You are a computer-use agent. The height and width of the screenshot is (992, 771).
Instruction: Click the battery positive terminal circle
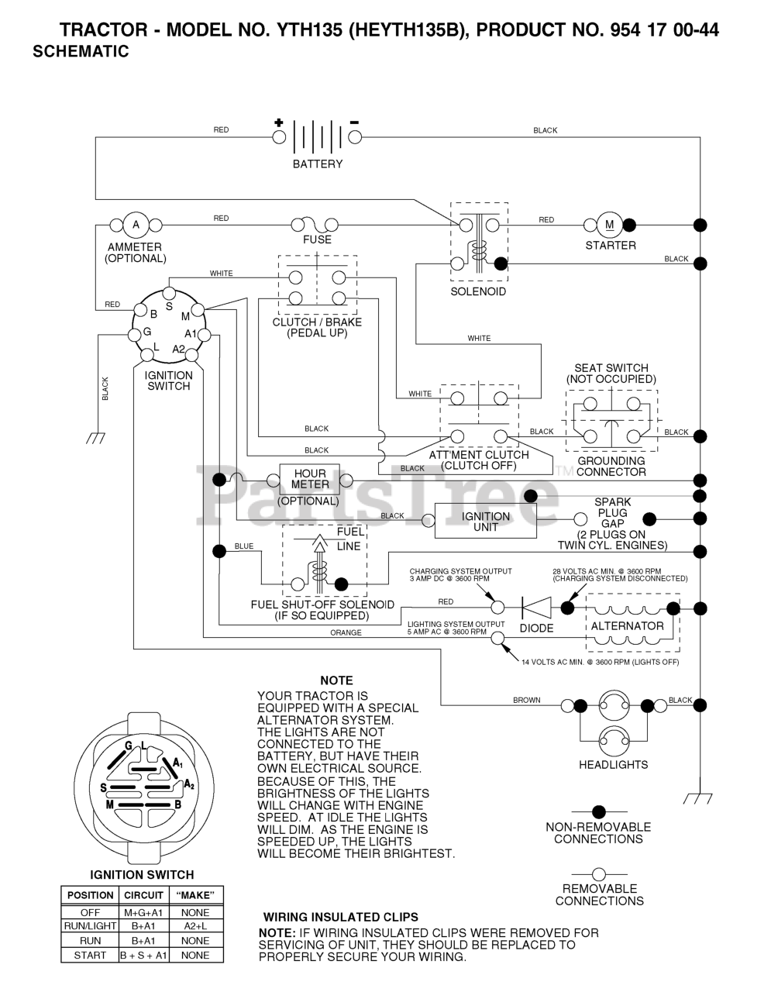[279, 137]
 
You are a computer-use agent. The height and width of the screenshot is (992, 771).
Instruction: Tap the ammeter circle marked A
[136, 225]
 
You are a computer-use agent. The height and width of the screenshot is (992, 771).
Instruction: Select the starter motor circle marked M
[610, 225]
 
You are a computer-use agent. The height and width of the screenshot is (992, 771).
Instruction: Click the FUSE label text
[317, 239]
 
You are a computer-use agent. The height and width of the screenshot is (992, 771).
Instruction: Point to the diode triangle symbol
[536, 608]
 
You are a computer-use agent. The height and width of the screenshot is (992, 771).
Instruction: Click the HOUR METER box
[310, 480]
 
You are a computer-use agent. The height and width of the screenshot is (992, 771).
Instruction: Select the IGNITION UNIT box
[485, 521]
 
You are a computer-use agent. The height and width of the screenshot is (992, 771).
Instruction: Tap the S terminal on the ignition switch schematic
[169, 293]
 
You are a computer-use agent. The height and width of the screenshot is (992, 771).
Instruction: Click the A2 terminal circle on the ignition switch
[191, 355]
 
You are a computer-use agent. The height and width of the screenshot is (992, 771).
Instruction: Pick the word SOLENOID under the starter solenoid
[478, 291]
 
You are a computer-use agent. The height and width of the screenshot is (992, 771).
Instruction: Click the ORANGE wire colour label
[346, 632]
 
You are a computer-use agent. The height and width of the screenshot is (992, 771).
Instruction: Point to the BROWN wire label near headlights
[526, 700]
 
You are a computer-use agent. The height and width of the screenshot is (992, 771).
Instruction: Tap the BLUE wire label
[244, 546]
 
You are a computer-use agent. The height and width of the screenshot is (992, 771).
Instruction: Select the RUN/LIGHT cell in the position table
[90, 926]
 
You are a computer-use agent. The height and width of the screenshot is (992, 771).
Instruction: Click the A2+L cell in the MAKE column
[196, 926]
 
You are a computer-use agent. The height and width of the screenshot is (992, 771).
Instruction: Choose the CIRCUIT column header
[143, 895]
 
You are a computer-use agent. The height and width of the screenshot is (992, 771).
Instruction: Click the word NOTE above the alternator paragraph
[337, 680]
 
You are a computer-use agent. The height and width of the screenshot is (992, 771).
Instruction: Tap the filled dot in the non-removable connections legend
[599, 812]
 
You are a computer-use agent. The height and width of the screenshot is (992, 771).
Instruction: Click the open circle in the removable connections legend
[599, 874]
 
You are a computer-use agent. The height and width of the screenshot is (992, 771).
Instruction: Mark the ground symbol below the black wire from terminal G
[96, 438]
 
